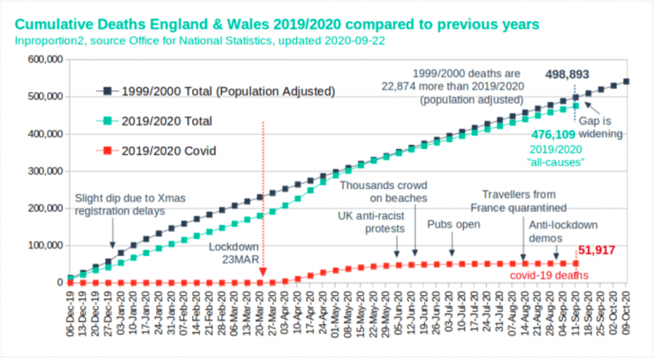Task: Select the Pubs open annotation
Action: click(x=453, y=224)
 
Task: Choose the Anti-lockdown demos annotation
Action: click(x=562, y=231)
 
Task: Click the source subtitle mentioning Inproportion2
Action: click(x=199, y=40)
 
